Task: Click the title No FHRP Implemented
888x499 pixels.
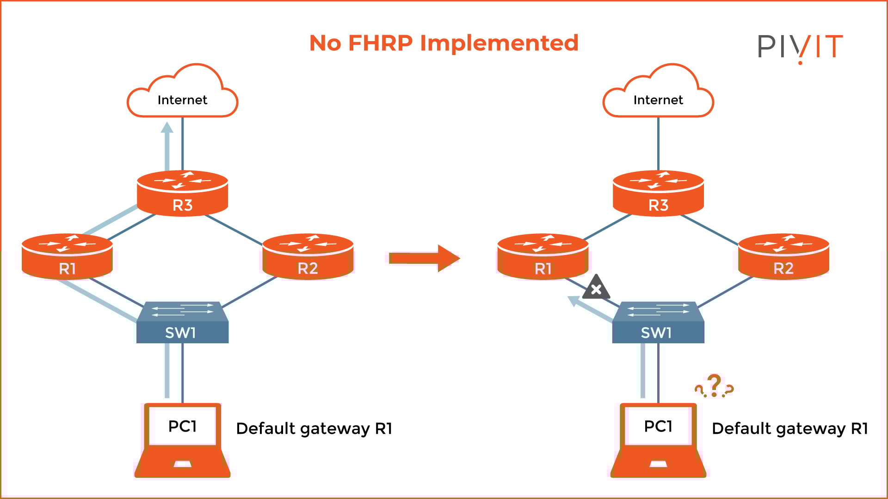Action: [x=444, y=43]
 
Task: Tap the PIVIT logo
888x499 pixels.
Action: [x=800, y=47]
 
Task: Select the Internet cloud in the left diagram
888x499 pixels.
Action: [x=182, y=95]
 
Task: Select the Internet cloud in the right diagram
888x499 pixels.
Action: [x=658, y=95]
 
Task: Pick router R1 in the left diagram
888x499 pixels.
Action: [x=67, y=257]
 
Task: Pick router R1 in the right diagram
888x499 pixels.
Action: [x=543, y=257]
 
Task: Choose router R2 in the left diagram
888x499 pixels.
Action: [x=308, y=257]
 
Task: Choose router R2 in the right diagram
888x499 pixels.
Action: [x=783, y=257]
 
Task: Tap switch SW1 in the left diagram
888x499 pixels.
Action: [x=182, y=323]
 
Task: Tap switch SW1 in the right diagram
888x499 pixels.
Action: [x=658, y=323]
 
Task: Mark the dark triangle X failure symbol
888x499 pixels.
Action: [x=596, y=289]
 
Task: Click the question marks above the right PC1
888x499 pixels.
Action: [x=715, y=387]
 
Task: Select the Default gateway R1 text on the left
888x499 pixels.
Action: [x=314, y=428]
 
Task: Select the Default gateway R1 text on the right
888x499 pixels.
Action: [x=789, y=428]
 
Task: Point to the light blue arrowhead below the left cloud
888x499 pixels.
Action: [x=167, y=128]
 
